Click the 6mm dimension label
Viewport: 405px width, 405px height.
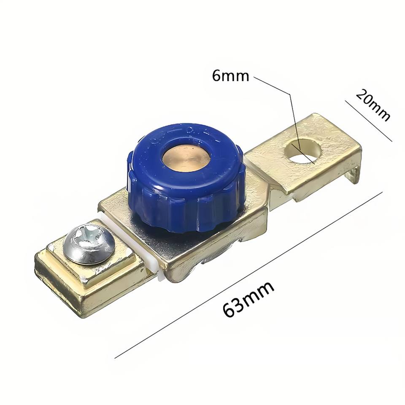coord(230,76)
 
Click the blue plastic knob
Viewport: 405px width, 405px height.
coord(186,178)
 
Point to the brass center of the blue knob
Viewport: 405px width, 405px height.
coord(186,157)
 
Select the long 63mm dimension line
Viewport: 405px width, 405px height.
coord(248,275)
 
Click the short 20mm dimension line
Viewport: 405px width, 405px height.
coord(369,121)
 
